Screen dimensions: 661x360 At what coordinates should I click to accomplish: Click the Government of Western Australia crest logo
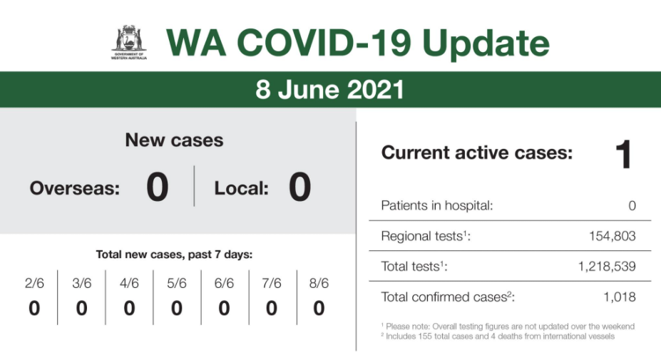tap(129, 43)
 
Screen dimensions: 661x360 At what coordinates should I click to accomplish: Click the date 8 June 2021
tap(329, 89)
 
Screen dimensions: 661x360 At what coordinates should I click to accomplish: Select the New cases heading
tap(174, 140)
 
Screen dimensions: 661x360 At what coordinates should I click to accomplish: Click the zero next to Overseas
tap(158, 187)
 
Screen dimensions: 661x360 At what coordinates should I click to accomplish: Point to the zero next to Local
tap(299, 187)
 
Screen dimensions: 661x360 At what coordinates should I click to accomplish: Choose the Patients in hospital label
tap(436, 205)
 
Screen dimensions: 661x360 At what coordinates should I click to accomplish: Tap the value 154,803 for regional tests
tap(612, 236)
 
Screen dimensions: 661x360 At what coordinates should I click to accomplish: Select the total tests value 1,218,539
tap(607, 266)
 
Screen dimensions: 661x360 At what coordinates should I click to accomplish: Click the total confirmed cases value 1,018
tap(619, 297)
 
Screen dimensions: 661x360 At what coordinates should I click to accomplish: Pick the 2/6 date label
tap(34, 283)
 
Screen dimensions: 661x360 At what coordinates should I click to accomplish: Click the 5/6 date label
tap(177, 283)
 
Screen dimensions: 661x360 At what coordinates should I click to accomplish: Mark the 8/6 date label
tap(319, 283)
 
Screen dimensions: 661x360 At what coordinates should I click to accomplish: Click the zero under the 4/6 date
tap(129, 308)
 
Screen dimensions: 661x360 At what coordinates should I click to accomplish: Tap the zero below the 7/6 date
tap(272, 308)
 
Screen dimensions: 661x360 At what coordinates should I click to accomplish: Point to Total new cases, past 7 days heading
tap(174, 254)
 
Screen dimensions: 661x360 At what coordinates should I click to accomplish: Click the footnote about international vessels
tap(498, 336)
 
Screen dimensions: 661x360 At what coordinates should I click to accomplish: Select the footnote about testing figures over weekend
tap(508, 326)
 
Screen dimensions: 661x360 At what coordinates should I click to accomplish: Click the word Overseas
tap(75, 188)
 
